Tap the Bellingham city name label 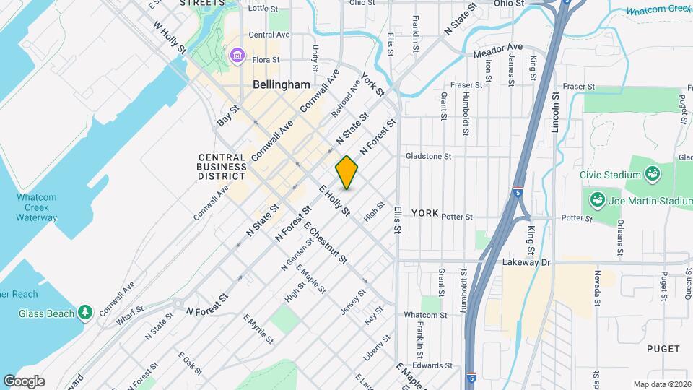pos(281,85)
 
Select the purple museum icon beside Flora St pos(236,56)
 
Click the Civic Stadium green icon pos(653,174)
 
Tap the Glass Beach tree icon pos(86,311)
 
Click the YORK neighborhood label pos(425,213)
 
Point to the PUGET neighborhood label pos(663,348)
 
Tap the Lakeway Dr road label pos(526,263)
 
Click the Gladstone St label pos(428,156)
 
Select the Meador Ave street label pos(497,50)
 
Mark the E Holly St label pos(334,201)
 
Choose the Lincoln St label pos(555,112)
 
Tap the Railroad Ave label pos(346,99)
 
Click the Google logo pos(24,381)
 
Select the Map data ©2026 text pos(661,384)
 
